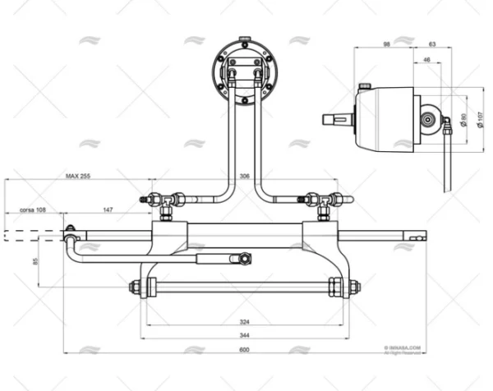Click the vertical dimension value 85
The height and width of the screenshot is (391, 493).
[x=58, y=262]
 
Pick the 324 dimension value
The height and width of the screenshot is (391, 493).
[x=245, y=322]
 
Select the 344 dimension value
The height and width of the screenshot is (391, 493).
[x=245, y=337]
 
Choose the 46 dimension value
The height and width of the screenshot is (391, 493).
[x=426, y=61]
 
